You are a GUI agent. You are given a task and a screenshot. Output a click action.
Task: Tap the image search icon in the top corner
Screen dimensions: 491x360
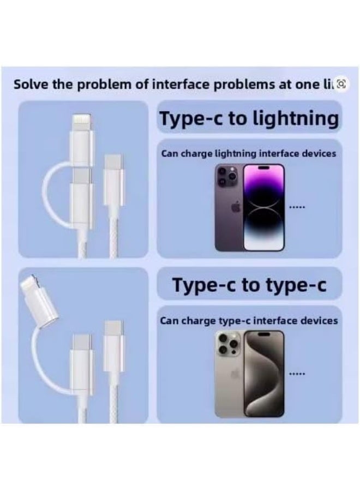coord(342,83)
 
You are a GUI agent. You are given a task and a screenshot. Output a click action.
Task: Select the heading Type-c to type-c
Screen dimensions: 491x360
coord(249,285)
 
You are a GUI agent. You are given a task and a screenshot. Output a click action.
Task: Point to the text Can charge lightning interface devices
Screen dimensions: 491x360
coord(249,154)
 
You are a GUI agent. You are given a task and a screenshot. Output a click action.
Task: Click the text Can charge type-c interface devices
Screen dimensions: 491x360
coord(249,321)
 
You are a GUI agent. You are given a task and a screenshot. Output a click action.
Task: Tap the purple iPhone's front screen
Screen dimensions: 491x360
coord(265,208)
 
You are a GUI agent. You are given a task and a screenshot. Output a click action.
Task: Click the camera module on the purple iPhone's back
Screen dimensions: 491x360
coord(227,176)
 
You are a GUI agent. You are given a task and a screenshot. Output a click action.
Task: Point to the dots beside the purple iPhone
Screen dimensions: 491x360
coord(297,207)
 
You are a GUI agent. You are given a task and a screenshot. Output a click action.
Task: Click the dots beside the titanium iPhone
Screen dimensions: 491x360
coord(297,374)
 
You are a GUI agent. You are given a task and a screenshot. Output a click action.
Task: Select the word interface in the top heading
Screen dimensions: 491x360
coord(189,85)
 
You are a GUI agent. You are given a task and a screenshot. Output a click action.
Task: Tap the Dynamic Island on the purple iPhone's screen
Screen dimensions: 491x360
coord(265,170)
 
